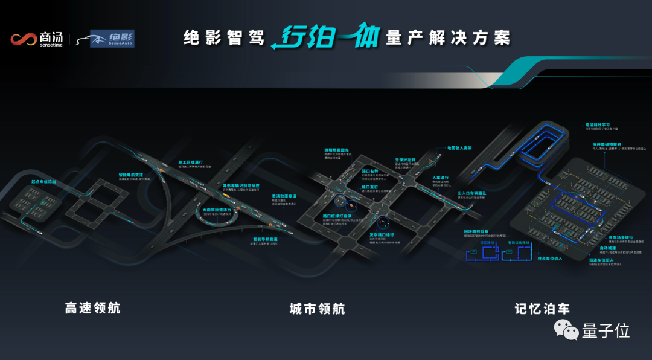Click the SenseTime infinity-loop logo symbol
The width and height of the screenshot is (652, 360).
click(x=24, y=40)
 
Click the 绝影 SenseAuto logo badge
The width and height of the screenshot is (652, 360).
click(x=112, y=39)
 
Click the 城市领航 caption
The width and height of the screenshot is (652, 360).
click(x=318, y=309)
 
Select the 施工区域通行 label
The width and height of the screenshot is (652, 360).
click(x=191, y=162)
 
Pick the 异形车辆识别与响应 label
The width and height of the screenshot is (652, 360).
click(x=241, y=185)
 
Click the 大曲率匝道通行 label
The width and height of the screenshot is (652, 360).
click(x=217, y=210)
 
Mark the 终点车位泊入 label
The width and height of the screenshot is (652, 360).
click(x=549, y=259)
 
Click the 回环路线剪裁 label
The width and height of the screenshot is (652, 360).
click(x=476, y=231)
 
